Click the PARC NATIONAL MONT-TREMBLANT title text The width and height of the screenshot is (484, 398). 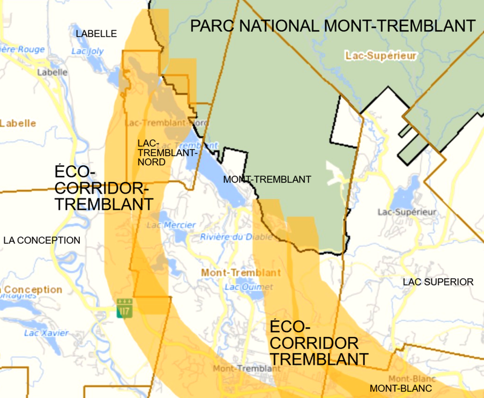pos(332,26)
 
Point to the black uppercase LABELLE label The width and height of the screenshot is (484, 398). pos(96,34)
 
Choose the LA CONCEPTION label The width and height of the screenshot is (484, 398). pos(42,240)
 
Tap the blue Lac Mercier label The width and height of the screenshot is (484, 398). pos(163,225)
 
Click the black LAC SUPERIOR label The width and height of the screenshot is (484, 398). pos(439,282)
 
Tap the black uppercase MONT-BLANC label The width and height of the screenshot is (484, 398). pos(401,388)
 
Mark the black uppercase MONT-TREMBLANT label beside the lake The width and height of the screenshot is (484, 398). pos(267,180)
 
